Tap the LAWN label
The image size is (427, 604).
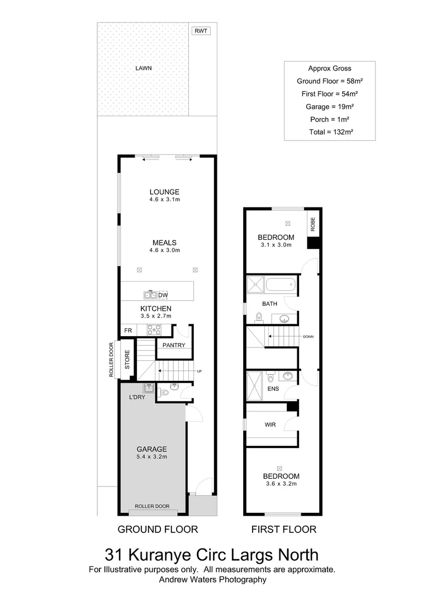(x=144, y=68)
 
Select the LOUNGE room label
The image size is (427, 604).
(x=164, y=192)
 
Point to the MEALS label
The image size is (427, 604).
(x=164, y=243)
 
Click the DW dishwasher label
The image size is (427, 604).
(x=163, y=295)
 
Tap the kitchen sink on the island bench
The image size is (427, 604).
(x=150, y=295)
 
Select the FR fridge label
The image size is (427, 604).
(x=128, y=331)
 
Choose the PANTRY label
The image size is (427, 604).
(x=174, y=345)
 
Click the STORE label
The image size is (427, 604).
(x=127, y=360)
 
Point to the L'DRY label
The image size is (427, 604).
(x=137, y=397)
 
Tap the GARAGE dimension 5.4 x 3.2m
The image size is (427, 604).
(x=152, y=456)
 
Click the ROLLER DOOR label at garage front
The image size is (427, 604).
(x=152, y=506)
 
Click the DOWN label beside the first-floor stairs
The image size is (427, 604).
(x=309, y=337)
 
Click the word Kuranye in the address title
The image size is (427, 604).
(x=162, y=555)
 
